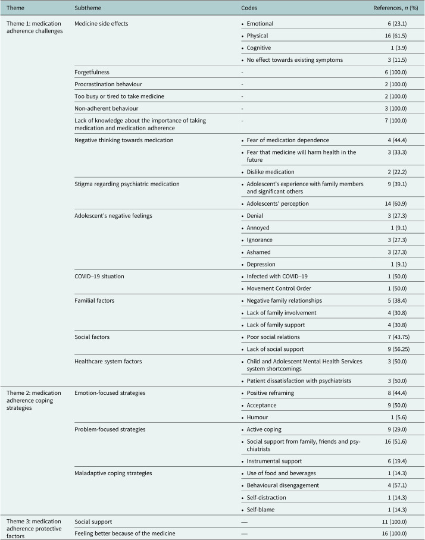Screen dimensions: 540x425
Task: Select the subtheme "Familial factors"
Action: point(95,301)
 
